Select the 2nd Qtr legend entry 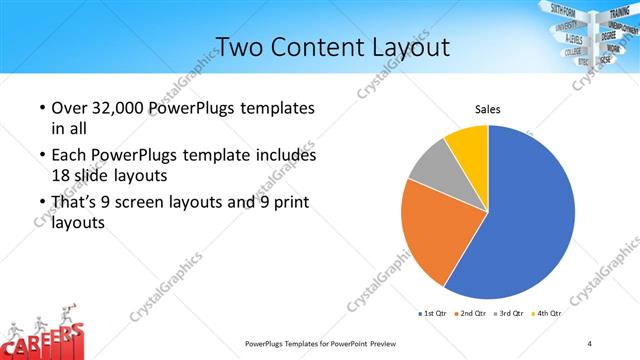coord(472,313)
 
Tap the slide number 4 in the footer coord(590,343)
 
